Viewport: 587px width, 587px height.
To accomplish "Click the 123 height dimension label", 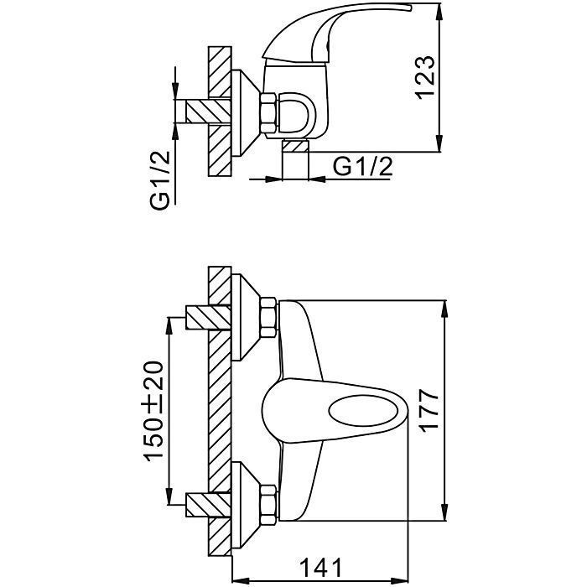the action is click(426, 78).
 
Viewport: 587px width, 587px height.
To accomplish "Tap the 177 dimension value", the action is click(429, 411).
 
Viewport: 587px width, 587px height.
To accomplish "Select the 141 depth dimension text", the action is click(321, 568).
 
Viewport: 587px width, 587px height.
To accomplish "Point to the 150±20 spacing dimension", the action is click(153, 411).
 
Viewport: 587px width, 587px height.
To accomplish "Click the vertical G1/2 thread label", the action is click(160, 180).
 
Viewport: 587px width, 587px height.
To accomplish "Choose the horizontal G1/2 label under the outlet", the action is click(363, 166).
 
